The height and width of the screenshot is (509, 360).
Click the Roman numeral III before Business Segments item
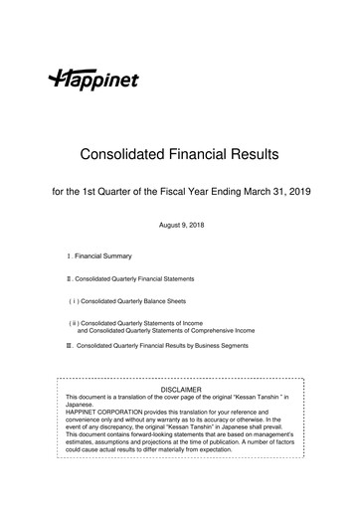point(70,345)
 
